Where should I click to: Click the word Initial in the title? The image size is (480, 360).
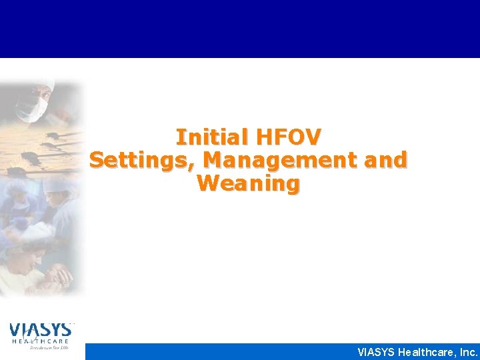tap(209, 137)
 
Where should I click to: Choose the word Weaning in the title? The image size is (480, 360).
tap(248, 183)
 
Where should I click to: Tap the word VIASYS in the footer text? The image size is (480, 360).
tap(375, 352)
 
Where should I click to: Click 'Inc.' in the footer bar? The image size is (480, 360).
tap(467, 352)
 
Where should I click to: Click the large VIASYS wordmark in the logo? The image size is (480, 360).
tap(40, 329)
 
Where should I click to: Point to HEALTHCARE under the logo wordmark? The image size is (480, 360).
tap(40, 341)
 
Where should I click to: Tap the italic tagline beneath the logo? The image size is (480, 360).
tap(40, 348)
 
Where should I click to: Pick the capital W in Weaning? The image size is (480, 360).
tap(207, 183)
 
